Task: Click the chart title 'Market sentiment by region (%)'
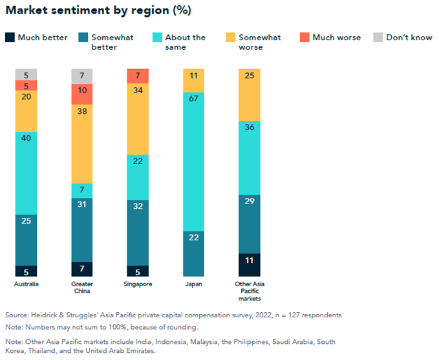(x=98, y=11)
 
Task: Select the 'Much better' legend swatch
(x=10, y=37)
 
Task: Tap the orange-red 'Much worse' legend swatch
(x=305, y=37)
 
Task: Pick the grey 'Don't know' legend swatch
(x=378, y=37)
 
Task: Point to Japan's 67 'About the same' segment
(x=194, y=162)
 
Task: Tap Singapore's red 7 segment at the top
(x=138, y=76)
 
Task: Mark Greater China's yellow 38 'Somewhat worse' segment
(x=82, y=143)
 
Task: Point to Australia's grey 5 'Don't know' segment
(x=26, y=74)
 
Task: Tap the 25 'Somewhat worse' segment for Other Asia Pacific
(x=250, y=94)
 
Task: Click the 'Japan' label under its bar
(x=194, y=284)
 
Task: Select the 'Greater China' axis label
(x=82, y=288)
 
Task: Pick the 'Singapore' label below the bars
(x=138, y=284)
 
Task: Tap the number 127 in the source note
(x=290, y=315)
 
